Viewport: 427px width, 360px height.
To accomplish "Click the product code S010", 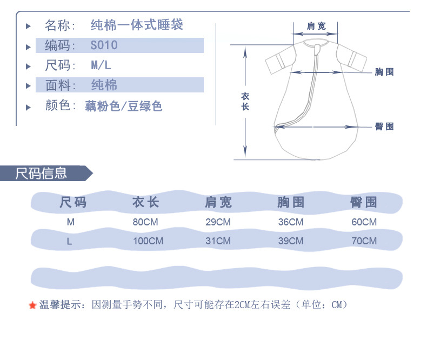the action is click(x=104, y=45).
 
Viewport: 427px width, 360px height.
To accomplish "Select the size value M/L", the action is click(x=101, y=65).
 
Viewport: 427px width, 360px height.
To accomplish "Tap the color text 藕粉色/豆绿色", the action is click(x=123, y=106).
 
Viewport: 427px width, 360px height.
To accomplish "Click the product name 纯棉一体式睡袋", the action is click(x=137, y=25).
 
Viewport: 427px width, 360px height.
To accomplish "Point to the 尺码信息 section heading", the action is click(x=41, y=174).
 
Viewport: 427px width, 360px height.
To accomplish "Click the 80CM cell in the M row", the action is click(x=145, y=222).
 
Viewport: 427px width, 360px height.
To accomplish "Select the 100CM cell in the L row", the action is click(x=148, y=241).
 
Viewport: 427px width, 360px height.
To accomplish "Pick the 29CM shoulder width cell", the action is click(x=218, y=222).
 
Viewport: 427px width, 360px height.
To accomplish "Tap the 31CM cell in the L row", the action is click(x=218, y=241).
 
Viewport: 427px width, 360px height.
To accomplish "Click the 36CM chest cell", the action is click(x=291, y=222).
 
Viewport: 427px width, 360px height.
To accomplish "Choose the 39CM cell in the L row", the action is click(x=291, y=241).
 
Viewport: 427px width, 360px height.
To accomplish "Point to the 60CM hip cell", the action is click(x=364, y=222).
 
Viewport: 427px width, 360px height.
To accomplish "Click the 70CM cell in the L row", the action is click(x=364, y=241).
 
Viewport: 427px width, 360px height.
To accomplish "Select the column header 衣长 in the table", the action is click(x=145, y=203).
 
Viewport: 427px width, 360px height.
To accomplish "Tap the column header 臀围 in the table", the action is click(x=364, y=203).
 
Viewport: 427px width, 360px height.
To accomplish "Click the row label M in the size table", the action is click(x=71, y=222).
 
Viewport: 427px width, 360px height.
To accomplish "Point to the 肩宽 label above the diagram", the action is click(x=316, y=26).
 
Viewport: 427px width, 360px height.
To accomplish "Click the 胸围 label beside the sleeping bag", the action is click(x=384, y=72).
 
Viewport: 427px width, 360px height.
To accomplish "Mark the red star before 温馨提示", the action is click(x=32, y=306).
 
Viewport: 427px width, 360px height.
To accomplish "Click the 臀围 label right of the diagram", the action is click(x=384, y=126).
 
